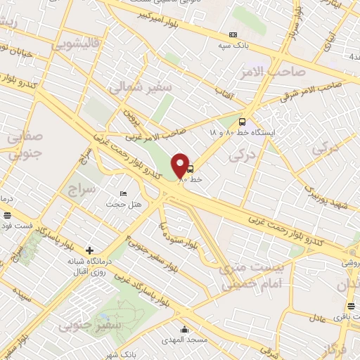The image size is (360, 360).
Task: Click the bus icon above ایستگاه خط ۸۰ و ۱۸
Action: click(x=243, y=121)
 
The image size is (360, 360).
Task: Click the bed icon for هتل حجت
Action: click(x=124, y=194)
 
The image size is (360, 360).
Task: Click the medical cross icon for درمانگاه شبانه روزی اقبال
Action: click(x=89, y=250)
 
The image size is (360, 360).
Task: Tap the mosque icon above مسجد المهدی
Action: click(x=184, y=330)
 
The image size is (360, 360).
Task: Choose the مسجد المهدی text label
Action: click(x=184, y=340)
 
